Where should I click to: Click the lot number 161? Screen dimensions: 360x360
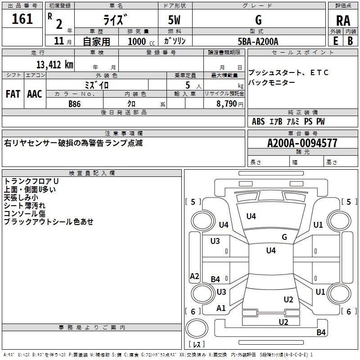pos(22,19)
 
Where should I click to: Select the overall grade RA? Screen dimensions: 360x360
pos(343,21)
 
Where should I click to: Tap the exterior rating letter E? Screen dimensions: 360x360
pos(335,40)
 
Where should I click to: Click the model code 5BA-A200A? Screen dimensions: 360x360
pos(258,41)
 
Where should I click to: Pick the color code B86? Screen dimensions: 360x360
pos(75,103)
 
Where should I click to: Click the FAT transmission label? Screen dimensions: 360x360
pos(13,94)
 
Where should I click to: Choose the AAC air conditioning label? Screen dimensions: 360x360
pos(35,94)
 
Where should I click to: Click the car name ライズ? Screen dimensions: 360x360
pos(117,20)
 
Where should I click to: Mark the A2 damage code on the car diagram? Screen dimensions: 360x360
pos(194,276)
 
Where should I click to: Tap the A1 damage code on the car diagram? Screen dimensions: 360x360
pos(221,308)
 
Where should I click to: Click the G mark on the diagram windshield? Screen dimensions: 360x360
pos(284,237)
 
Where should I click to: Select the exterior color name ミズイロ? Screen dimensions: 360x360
pos(97,84)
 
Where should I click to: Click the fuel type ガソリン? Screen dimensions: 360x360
pos(175,41)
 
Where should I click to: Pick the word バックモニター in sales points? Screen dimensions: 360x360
pos(272,82)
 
